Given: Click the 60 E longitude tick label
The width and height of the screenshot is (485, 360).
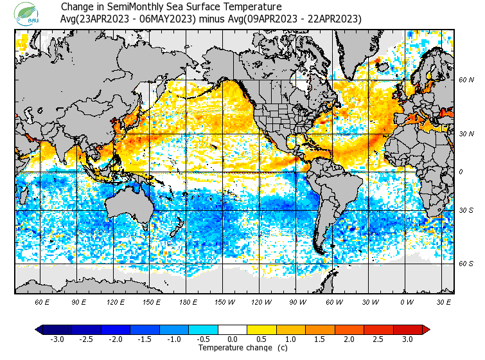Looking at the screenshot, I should pos(42,302).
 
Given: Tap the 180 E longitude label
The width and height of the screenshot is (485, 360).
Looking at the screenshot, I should pos(188,302).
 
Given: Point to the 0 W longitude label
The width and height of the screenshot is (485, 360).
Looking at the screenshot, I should pos(407,302).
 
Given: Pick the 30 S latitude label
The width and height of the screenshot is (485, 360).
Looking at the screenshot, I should pos(466,211).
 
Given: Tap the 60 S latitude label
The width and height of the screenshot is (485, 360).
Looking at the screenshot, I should pos(466,264).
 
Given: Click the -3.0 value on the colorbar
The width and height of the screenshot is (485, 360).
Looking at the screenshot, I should pos(57,339).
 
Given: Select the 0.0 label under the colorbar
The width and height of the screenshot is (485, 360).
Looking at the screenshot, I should pos(233,339).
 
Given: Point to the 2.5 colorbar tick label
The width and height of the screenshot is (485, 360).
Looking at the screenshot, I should pos(379,339).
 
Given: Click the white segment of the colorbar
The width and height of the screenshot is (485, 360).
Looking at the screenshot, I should pos(233,329).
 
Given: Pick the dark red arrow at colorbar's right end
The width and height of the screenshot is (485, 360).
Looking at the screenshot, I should pos(426,329).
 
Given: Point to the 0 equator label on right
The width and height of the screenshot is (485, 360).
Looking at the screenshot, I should pos(461,172).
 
